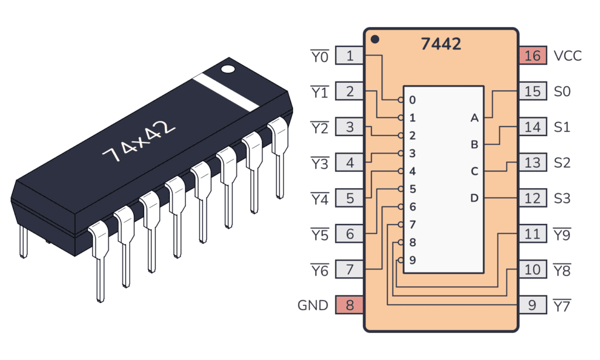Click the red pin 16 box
pos(532,56)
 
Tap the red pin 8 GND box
pos(350,305)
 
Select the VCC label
pos(568,56)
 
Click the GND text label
pos(313,305)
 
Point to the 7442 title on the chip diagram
pos(441,44)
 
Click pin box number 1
pos(350,56)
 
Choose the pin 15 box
pos(532,91)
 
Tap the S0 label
pos(562,92)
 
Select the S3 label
pos(562,198)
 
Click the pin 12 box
pos(532,198)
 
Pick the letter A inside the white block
pos(474,118)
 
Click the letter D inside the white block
pos(474,198)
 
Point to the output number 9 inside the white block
pos(412,260)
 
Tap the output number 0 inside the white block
pos(412,100)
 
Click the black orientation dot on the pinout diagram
pos(375,39)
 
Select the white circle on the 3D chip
pos(227,69)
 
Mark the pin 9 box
pos(532,305)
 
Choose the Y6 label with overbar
pos(319,270)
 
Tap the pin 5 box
pos(350,198)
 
